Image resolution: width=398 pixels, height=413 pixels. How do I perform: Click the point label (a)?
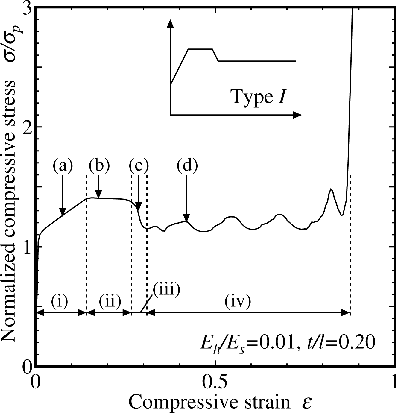point(63,166)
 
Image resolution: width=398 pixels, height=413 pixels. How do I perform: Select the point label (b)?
point(99,166)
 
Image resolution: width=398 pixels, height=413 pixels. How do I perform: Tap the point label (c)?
point(139,166)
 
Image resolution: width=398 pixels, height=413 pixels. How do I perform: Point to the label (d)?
point(187,166)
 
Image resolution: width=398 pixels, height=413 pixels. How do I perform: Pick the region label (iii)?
point(166,290)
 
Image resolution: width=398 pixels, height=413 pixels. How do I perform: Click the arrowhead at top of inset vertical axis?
point(170,23)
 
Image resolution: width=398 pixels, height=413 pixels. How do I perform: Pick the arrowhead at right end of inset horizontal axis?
point(297,115)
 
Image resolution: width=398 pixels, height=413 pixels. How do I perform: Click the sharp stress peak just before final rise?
point(331,189)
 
